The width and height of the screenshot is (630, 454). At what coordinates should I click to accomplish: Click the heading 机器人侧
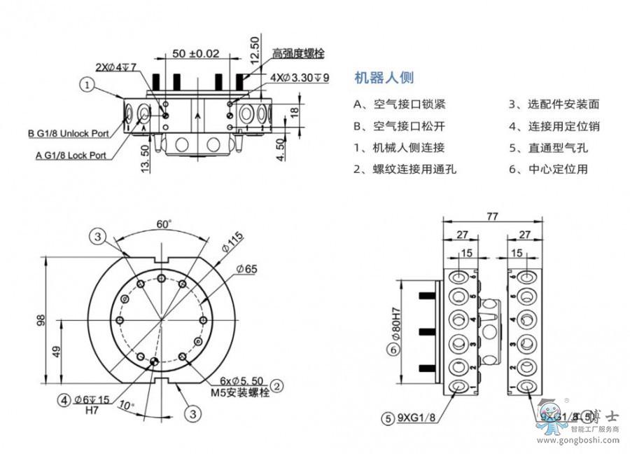click(x=384, y=78)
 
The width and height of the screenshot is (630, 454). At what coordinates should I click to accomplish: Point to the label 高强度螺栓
click(x=298, y=53)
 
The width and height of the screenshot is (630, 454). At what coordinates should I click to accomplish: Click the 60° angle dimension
click(x=164, y=224)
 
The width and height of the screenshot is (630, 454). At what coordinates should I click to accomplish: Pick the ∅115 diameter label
click(x=234, y=242)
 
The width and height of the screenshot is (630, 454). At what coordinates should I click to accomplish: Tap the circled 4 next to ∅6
click(x=64, y=400)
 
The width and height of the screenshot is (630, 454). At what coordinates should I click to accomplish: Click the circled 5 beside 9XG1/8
click(x=387, y=419)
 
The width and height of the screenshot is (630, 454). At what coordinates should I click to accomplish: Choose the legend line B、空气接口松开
click(x=400, y=126)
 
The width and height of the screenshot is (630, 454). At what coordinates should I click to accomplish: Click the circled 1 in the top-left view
click(x=87, y=85)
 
